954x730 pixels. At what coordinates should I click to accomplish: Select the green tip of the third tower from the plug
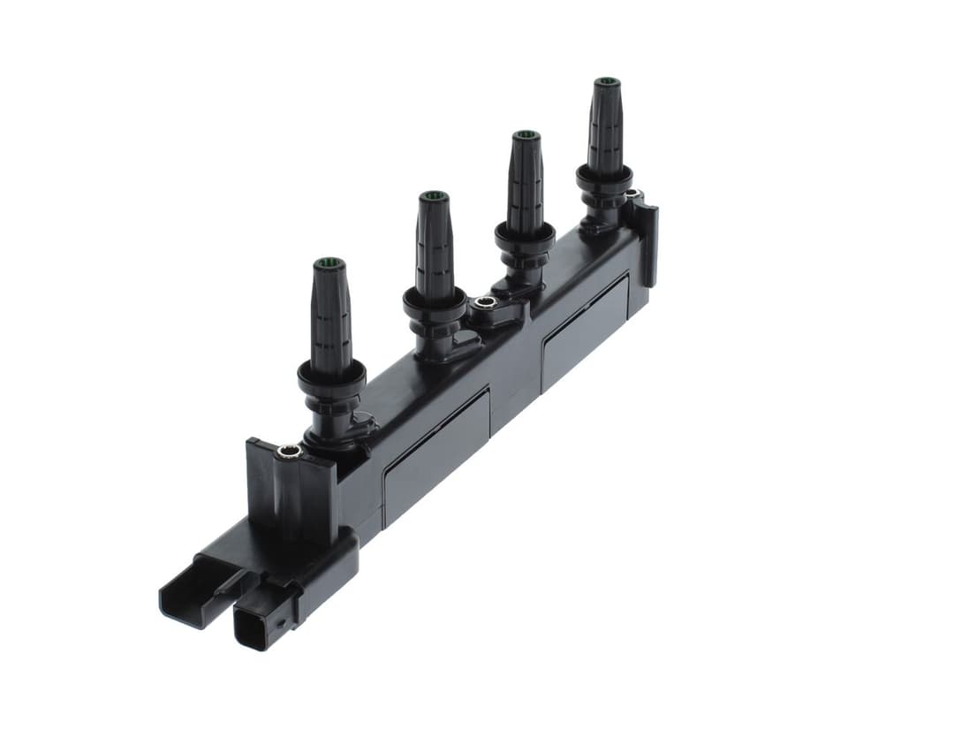tap(526, 135)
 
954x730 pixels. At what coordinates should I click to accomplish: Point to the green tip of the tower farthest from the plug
tap(606, 82)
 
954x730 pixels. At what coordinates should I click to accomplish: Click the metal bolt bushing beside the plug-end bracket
tap(289, 452)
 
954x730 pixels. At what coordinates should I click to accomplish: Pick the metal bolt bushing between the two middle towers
tap(483, 303)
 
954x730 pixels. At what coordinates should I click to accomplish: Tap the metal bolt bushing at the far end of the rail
tap(632, 193)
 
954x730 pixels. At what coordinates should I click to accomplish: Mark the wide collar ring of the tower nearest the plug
tap(331, 376)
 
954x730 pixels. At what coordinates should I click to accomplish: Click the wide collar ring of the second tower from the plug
tap(435, 303)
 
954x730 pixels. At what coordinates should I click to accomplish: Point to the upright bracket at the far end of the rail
tap(647, 239)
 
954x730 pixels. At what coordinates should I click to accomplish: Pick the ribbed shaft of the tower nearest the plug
tap(329, 318)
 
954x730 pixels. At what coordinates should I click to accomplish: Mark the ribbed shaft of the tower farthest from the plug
tap(606, 128)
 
